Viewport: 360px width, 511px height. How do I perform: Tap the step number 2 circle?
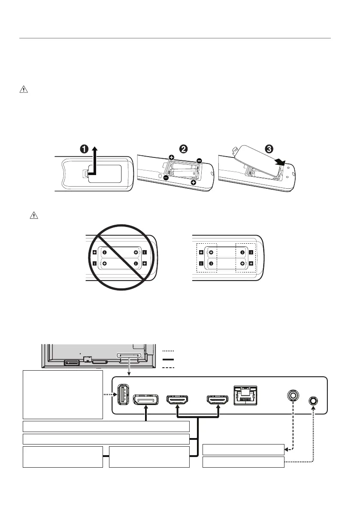183,149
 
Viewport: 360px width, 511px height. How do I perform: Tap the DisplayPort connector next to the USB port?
146,400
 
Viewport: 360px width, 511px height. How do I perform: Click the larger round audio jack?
293,394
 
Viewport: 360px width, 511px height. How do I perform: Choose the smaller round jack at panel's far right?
313,401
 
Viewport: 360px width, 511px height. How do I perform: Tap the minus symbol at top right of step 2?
199,161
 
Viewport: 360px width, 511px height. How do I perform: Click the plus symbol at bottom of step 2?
194,183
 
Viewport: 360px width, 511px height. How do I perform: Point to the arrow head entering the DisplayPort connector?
146,410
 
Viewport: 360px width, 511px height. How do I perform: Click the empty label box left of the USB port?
63,395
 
